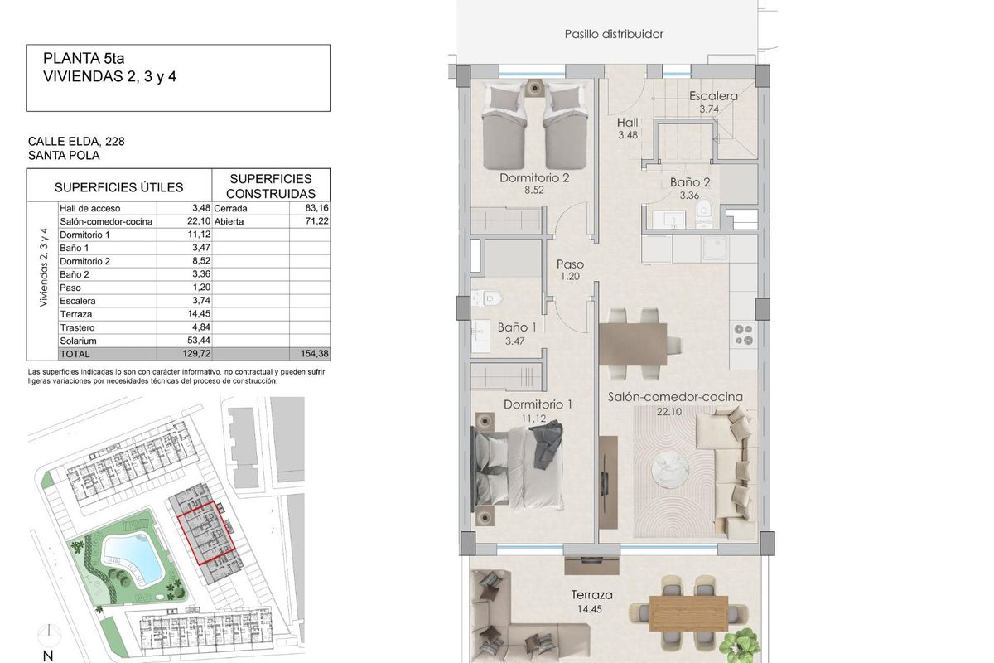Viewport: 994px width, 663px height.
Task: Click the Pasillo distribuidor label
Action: coord(614,35)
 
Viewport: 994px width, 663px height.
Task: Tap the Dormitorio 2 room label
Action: coord(534,178)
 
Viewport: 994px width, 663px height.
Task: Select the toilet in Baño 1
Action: coord(490,296)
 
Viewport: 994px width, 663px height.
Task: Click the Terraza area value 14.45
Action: coord(591,609)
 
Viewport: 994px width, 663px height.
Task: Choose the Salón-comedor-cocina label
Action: coord(675,397)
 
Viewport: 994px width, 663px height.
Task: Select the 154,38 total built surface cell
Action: coord(314,354)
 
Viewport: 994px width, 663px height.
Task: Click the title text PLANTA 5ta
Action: coord(83,60)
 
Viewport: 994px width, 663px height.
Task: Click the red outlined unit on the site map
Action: coord(206,532)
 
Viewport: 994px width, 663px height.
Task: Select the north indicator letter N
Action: coord(48,656)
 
